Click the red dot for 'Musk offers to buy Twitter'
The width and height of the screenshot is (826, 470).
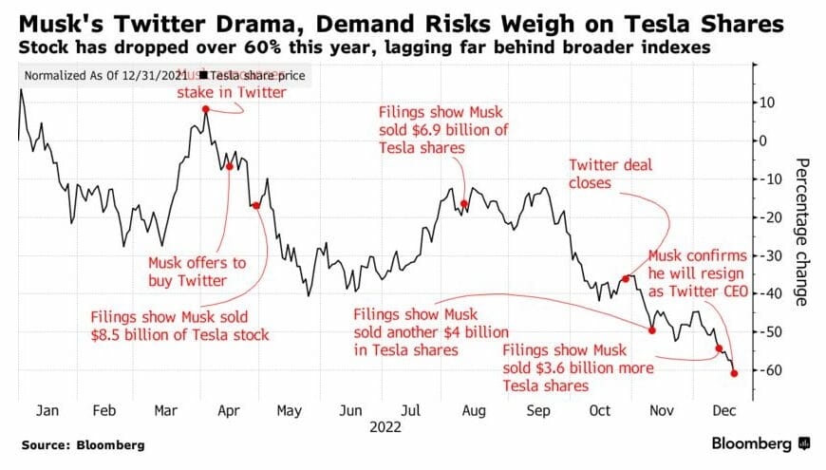(x=230, y=166)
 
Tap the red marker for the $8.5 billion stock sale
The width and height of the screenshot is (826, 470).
(x=256, y=205)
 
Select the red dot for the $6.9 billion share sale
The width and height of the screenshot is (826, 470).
(x=464, y=204)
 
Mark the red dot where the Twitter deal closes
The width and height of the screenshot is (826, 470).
(x=626, y=278)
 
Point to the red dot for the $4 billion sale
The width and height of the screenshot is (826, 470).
(x=651, y=330)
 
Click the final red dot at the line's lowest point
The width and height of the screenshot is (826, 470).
(x=734, y=373)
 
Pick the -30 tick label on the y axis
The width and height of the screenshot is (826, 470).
(x=771, y=255)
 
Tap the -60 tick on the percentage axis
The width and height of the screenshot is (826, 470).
(x=771, y=370)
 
